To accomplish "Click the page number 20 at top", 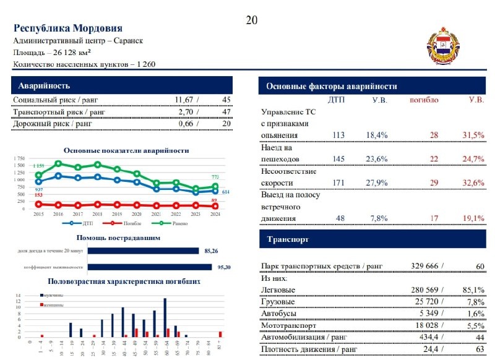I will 251,20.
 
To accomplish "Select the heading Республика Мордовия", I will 67,28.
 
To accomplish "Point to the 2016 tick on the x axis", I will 58,214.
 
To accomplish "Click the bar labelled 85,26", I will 143,251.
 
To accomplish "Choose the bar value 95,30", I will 143,267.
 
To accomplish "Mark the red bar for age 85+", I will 220,335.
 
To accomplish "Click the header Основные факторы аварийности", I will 332,87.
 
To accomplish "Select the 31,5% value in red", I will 472,135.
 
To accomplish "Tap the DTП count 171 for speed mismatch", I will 338,182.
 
